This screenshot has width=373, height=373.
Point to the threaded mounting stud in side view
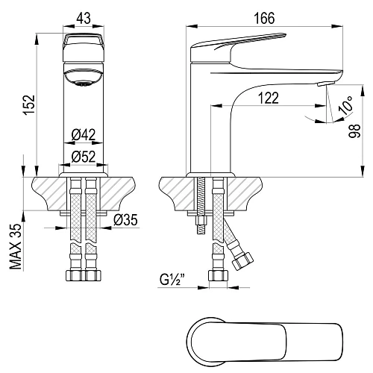tap(200, 213)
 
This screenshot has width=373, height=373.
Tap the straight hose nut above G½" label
tap(219, 275)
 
